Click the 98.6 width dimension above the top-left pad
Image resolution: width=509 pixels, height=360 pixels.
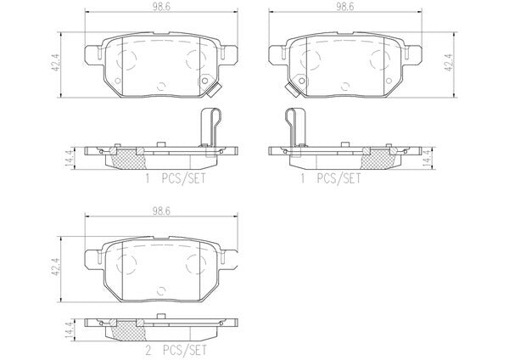pos(162,7)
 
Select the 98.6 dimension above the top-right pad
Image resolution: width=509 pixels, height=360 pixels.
pos(344,7)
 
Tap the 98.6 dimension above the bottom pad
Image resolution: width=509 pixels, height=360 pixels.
pos(162,211)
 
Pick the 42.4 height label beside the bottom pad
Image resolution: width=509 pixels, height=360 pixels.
pos(55,267)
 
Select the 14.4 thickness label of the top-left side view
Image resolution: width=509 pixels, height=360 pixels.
pos(70,159)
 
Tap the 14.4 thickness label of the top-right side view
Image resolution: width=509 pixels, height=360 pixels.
pos(428,159)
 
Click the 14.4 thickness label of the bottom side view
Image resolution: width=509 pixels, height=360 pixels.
pos(70,330)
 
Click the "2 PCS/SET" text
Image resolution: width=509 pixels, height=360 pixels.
pos(176,350)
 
